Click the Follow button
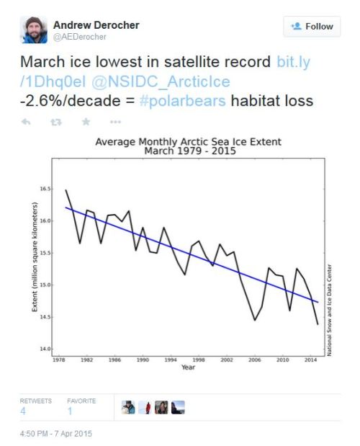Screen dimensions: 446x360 (311, 27)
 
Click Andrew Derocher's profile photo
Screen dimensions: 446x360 (34, 30)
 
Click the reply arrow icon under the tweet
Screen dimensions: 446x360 (26, 122)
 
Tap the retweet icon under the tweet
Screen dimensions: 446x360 (55, 122)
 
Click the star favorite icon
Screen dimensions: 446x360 (86, 122)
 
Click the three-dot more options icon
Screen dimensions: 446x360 (115, 122)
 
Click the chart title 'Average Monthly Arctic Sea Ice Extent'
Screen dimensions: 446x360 (188, 141)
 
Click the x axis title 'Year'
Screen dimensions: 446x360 (188, 367)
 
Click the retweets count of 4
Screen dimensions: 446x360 (23, 410)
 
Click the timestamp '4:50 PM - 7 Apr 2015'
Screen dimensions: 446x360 (56, 434)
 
